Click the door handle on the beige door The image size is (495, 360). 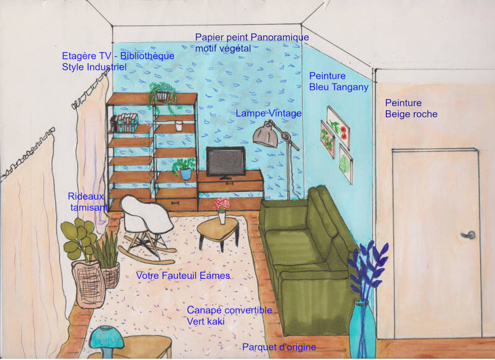pos(471,235)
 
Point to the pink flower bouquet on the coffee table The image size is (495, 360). pos(221,205)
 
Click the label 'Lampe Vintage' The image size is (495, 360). pos(268,113)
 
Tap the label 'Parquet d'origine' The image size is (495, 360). pos(279,347)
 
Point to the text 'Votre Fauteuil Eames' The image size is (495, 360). pos(183,275)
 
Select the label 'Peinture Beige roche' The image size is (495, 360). pos(411,108)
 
